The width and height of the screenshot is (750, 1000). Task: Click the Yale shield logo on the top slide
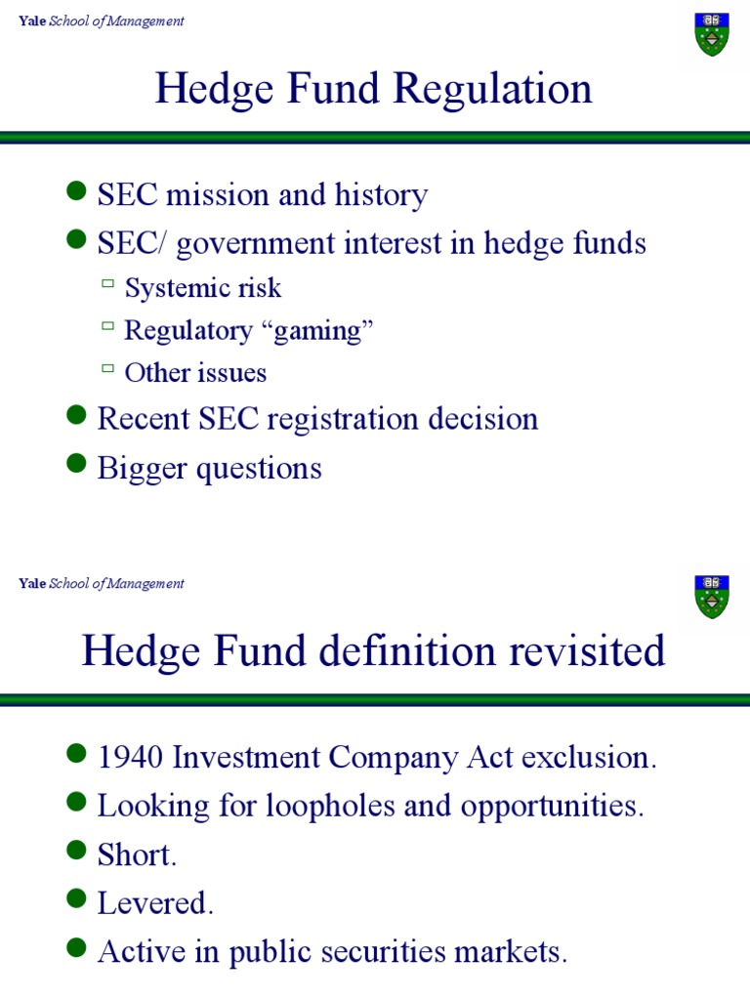click(x=711, y=33)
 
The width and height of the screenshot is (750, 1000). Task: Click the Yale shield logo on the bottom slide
click(x=711, y=596)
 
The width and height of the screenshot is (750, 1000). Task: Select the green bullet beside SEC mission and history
click(x=77, y=192)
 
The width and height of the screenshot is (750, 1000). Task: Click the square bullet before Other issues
click(x=107, y=369)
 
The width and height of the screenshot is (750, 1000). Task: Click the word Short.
click(x=137, y=855)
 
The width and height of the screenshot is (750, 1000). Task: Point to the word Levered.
click(x=154, y=904)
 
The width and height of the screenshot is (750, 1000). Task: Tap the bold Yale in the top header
click(x=32, y=21)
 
